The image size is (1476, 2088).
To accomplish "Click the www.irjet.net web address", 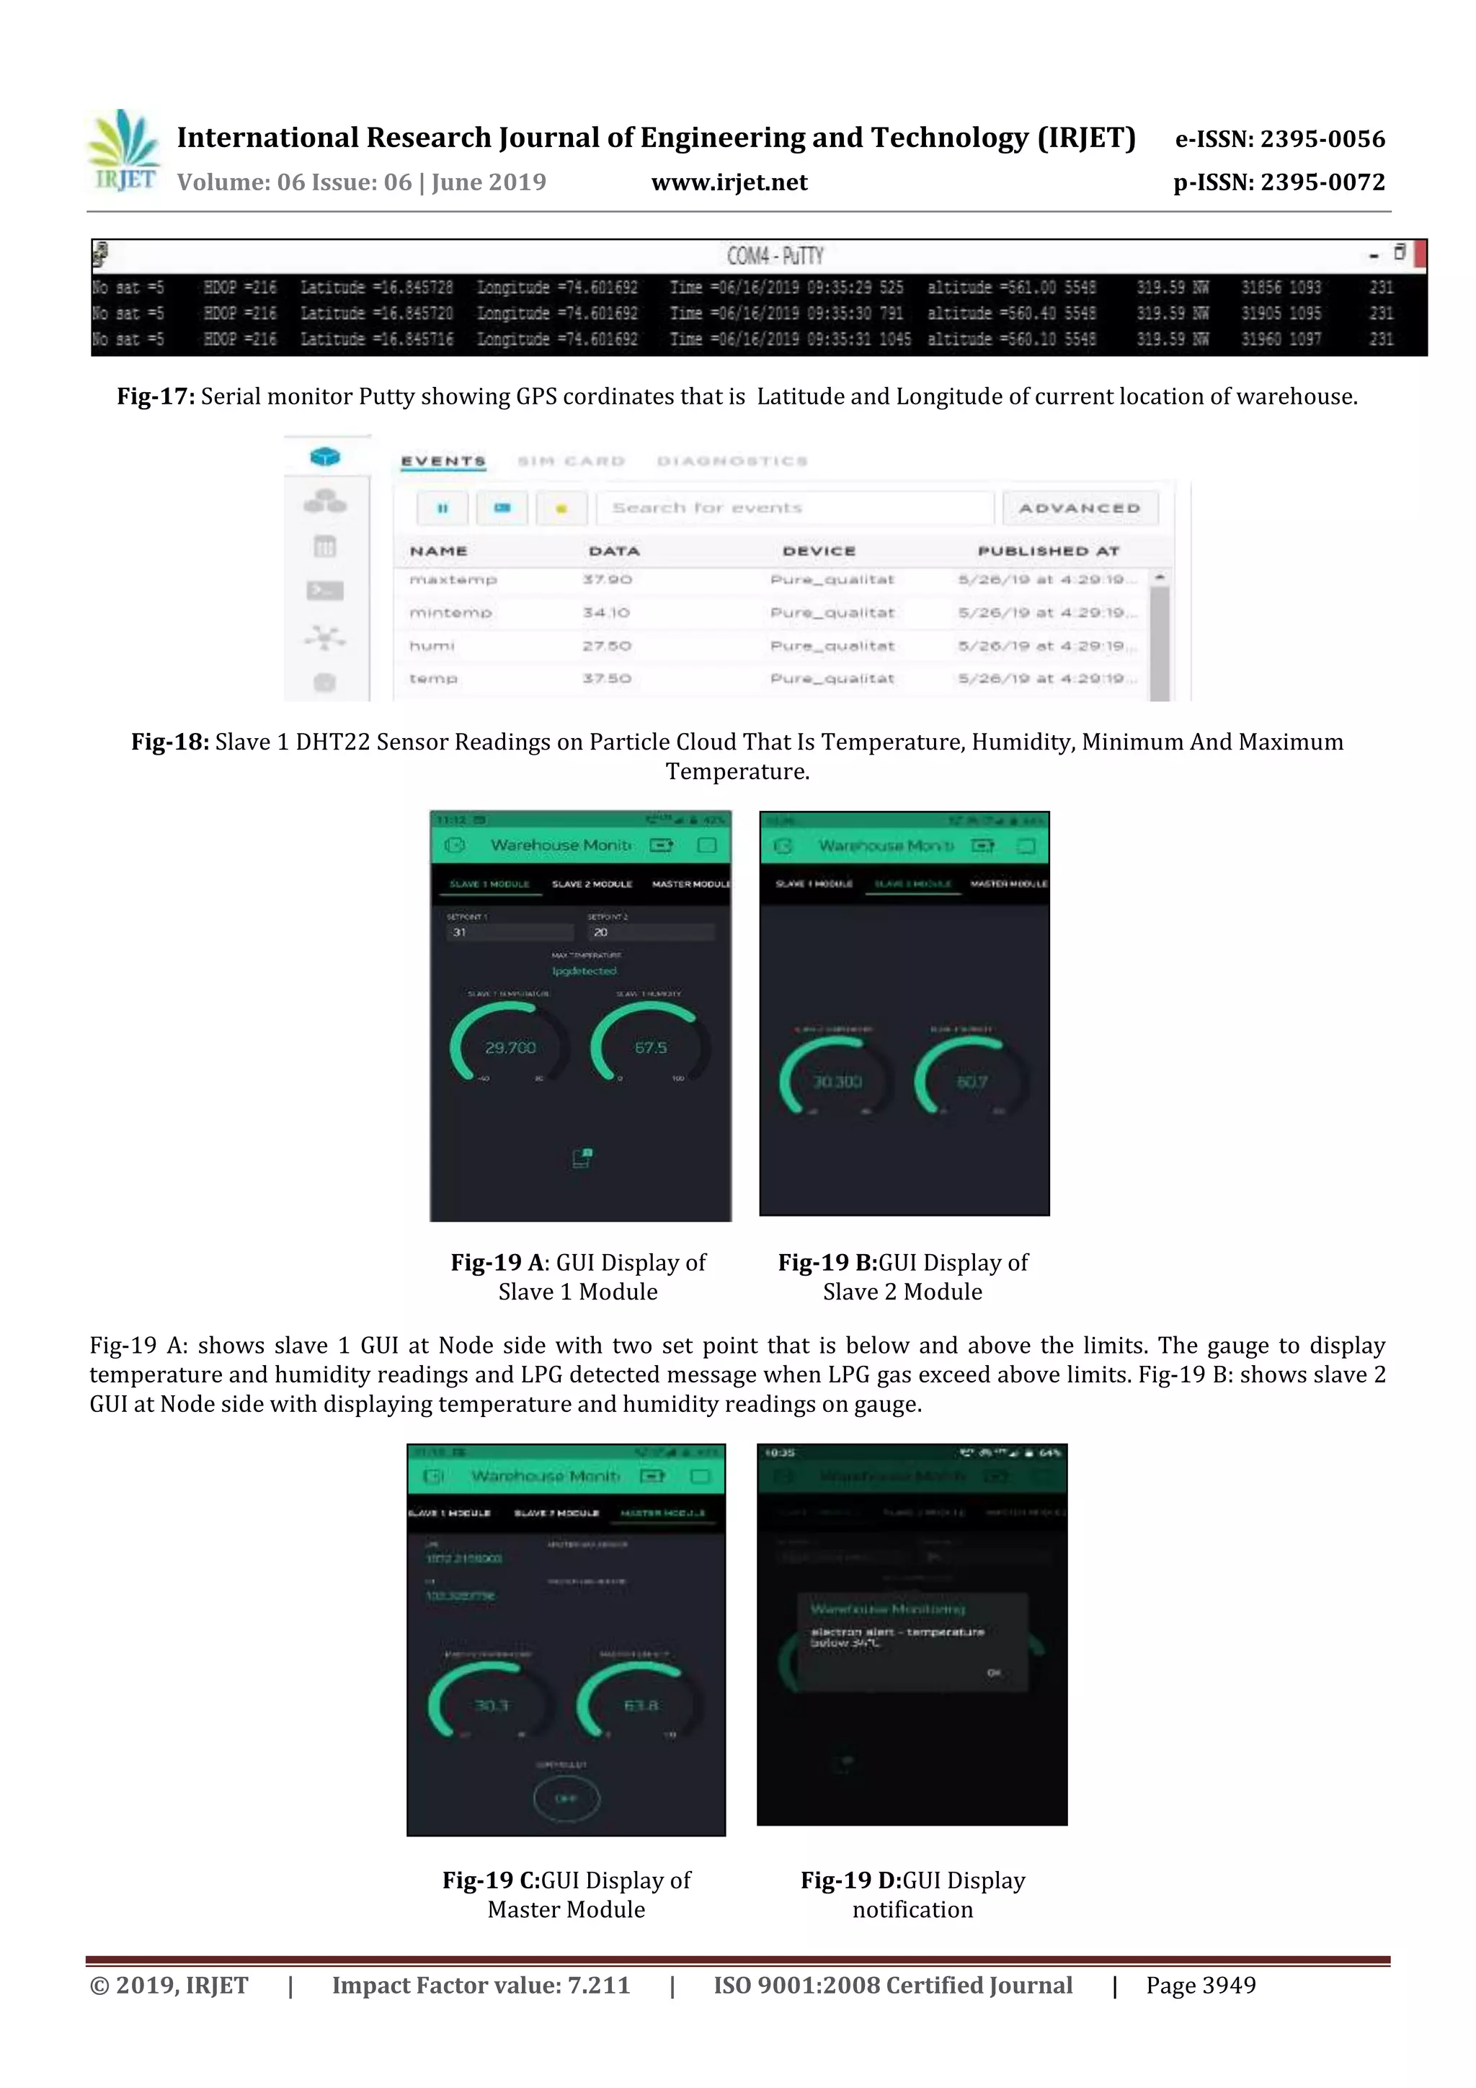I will click(x=729, y=183).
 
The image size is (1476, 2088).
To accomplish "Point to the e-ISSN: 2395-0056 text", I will click(x=1279, y=139).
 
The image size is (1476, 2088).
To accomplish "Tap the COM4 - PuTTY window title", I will click(x=775, y=256).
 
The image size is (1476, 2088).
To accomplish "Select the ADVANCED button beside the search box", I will click(x=1080, y=507).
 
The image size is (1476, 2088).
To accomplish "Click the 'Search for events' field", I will click(x=794, y=507).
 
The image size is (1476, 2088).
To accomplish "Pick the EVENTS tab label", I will click(x=443, y=461).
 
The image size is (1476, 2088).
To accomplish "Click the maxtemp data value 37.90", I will click(x=607, y=579).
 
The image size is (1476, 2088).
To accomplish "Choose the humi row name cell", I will click(x=431, y=646).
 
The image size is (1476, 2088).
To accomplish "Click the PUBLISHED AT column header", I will click(x=1048, y=551).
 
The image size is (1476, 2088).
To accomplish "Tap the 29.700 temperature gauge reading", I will click(x=510, y=1048).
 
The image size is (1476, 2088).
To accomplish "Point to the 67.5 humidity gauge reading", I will click(x=650, y=1048).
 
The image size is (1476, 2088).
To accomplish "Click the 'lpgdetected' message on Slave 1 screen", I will click(x=584, y=972).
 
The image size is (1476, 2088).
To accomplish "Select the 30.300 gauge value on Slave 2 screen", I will click(x=837, y=1082).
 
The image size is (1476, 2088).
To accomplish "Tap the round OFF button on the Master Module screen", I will click(x=566, y=1798).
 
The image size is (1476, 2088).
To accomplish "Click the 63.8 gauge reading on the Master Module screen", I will click(x=641, y=1705).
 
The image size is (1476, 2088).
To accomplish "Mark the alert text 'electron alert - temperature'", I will click(x=897, y=1632).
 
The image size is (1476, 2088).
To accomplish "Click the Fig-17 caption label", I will click(x=156, y=396).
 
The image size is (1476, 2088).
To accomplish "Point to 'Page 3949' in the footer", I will click(x=1201, y=1985).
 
